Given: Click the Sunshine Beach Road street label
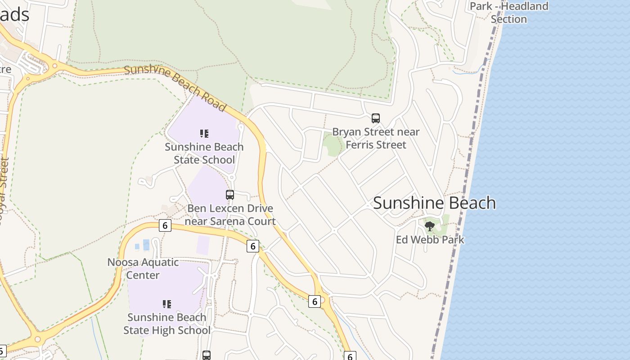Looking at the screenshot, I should point(175,88).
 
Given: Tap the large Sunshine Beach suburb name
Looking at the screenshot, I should point(434,203).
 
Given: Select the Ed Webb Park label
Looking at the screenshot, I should point(430,239).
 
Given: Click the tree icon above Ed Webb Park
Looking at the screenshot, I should point(430,226).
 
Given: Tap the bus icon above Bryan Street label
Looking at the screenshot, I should point(376,118).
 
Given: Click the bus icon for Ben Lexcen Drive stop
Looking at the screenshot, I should point(230,195).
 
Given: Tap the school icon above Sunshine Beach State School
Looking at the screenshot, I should point(204,134).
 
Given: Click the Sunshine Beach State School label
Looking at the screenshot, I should point(204,153).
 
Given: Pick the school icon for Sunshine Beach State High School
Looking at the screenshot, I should point(167,304).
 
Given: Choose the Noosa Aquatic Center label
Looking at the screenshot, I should point(143,268).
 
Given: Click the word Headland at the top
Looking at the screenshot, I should point(525,6).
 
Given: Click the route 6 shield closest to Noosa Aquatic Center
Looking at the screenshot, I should point(165,225).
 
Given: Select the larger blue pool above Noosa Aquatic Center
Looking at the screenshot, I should point(146,245).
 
